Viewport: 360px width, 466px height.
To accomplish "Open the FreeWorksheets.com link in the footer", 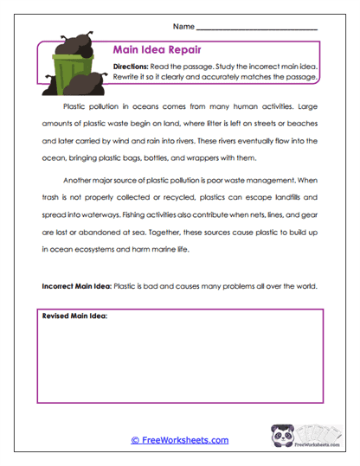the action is [x=179, y=440].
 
